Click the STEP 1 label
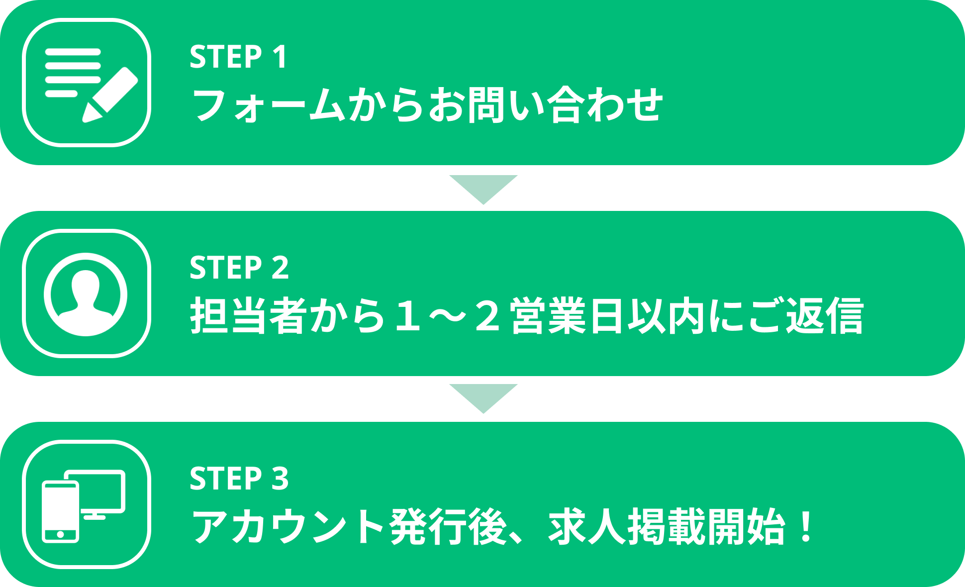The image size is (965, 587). pos(238,57)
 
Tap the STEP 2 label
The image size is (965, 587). pos(239,268)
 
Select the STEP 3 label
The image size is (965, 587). pos(239,479)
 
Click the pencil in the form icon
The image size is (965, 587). pos(110,95)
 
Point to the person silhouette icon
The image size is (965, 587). pos(86,294)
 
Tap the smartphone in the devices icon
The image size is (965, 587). pos(60,511)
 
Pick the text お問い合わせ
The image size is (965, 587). pos(545,105)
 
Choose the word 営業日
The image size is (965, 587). pos(568,316)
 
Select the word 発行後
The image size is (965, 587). pos(448,527)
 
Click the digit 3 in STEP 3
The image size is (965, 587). pos(280,479)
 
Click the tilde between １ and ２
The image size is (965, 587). pos(447,316)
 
